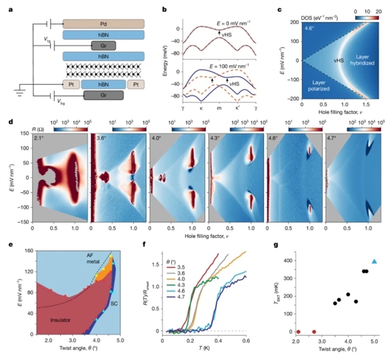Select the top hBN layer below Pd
[105, 36]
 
